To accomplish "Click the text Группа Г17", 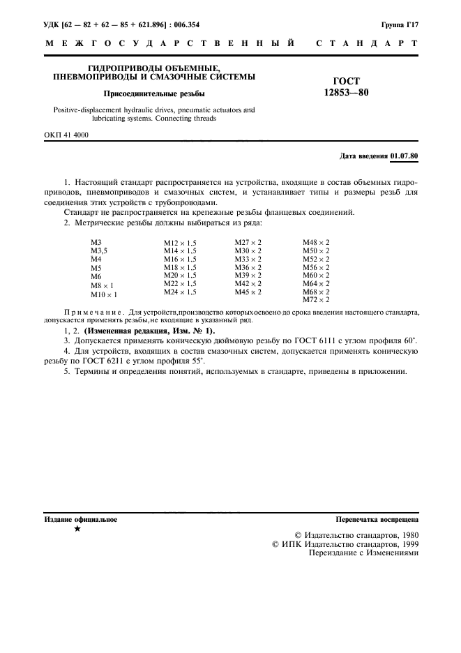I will pos(400,24).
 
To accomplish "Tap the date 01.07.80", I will pos(405,156).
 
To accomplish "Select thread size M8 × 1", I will pos(103,285).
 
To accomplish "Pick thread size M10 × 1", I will pos(104,295).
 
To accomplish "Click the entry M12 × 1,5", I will pos(180,242).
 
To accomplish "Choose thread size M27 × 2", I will pos(248,242).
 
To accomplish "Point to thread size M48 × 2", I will pos(316,242).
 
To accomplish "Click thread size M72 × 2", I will pos(316,300).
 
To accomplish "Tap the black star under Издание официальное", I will pos(77,530).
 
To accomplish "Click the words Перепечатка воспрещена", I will pos(377,520).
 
